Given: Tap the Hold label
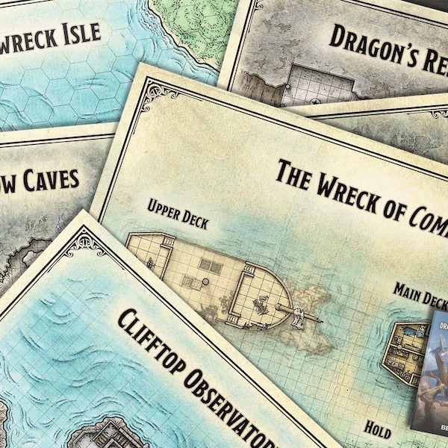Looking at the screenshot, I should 378,426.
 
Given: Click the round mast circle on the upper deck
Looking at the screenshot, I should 186,281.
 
